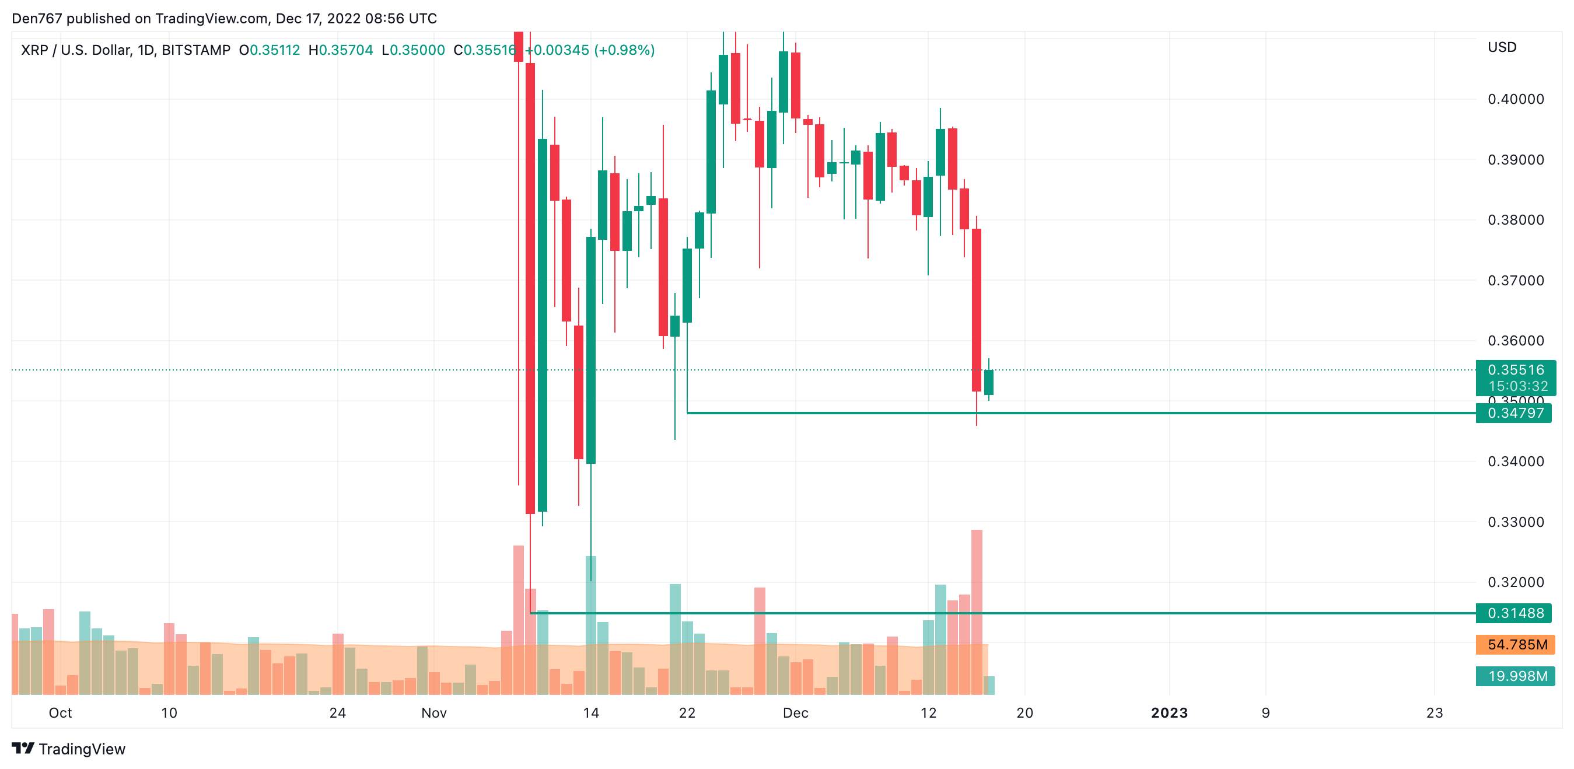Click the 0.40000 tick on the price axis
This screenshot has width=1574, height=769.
click(1515, 99)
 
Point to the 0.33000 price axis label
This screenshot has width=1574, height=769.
click(1515, 522)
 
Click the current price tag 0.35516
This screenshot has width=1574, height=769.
click(1515, 370)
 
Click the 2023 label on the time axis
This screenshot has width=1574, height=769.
click(1169, 713)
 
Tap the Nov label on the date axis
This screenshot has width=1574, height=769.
click(434, 713)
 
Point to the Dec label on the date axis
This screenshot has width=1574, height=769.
click(796, 713)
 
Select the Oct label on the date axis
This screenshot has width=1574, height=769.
click(61, 713)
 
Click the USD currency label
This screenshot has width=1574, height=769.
click(1502, 48)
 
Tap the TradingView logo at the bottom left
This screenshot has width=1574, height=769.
click(68, 749)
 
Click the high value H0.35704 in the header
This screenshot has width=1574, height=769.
click(341, 50)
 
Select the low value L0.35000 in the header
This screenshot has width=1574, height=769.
click(414, 50)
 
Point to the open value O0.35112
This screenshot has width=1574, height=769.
click(270, 50)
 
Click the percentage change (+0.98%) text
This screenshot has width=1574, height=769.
click(624, 50)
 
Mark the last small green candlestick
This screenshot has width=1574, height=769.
click(989, 382)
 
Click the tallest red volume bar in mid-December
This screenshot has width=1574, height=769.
click(977, 611)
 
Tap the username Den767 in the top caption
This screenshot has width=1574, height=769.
click(37, 18)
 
